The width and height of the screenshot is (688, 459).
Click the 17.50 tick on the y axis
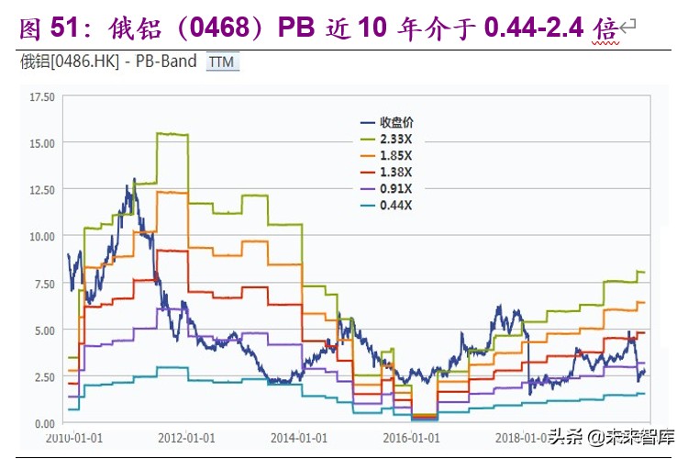43,96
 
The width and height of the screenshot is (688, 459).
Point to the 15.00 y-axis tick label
43,143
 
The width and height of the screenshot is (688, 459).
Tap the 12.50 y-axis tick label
43,190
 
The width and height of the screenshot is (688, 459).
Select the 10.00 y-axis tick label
43,237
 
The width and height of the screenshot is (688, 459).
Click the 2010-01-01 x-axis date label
74,440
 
